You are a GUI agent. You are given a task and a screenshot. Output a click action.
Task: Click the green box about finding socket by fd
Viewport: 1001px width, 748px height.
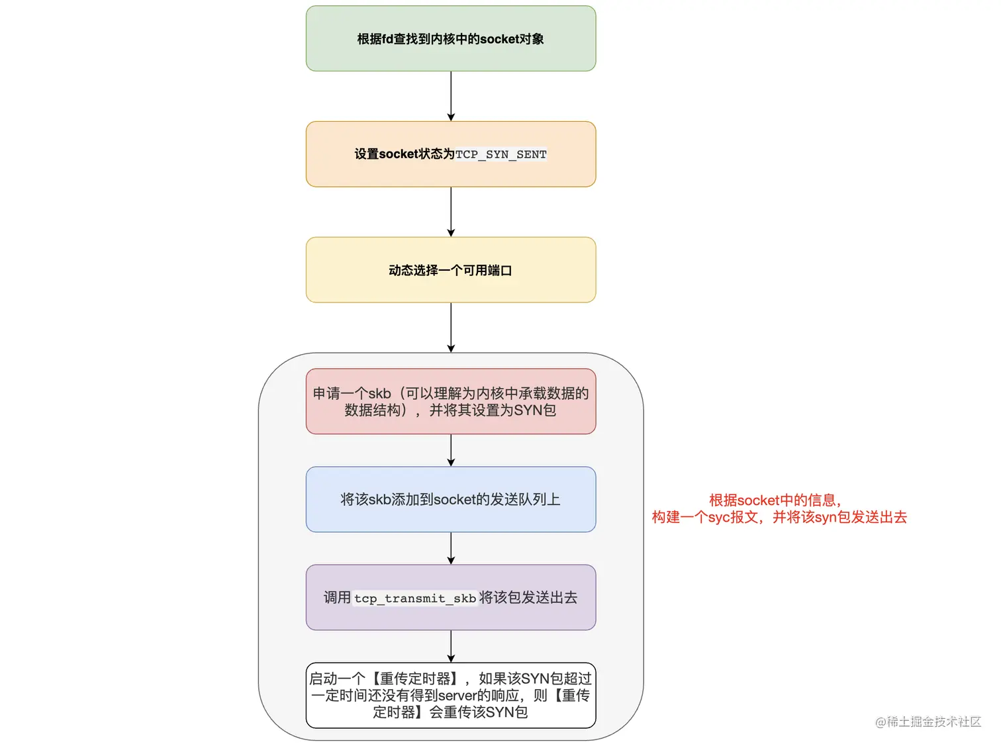450,38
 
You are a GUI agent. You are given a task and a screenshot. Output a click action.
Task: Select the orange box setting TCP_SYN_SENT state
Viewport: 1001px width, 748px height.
450,154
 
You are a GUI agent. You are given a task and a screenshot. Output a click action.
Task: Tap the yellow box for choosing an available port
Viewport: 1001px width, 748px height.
450,270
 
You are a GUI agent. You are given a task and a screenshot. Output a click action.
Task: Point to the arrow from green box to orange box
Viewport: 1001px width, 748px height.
451,96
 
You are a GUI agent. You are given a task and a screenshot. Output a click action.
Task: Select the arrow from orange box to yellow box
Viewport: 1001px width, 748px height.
451,212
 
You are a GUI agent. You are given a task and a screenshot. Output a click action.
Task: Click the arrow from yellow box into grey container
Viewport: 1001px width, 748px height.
451,328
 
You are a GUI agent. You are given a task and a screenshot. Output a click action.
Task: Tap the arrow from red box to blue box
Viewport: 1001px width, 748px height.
451,450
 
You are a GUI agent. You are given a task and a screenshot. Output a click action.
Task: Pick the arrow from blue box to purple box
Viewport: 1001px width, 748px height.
451,548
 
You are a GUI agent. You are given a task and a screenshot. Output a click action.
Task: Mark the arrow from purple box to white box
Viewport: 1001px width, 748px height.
451,646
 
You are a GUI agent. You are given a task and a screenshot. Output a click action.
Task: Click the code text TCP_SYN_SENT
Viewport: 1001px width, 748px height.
501,154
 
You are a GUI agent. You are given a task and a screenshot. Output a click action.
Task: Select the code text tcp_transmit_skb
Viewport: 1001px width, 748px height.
415,598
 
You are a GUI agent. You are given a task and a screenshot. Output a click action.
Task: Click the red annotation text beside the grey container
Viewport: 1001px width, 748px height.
779,509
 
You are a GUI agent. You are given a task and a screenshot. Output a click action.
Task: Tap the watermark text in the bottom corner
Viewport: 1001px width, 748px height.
928,722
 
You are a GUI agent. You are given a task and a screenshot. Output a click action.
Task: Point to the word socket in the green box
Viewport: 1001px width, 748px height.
499,39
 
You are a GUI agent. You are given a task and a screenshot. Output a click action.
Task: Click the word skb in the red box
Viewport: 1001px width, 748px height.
379,394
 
